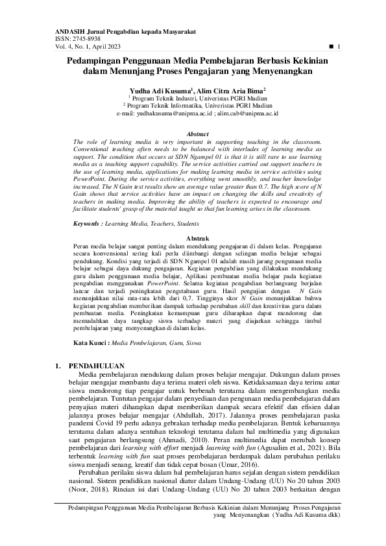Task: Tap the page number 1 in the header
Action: pyautogui.click(x=339, y=47)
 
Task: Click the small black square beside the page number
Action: pyautogui.click(x=331, y=47)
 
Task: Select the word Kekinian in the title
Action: pyautogui.click(x=306, y=60)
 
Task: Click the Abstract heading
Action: pyautogui.click(x=193, y=134)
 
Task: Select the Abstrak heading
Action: pyautogui.click(x=193, y=221)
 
